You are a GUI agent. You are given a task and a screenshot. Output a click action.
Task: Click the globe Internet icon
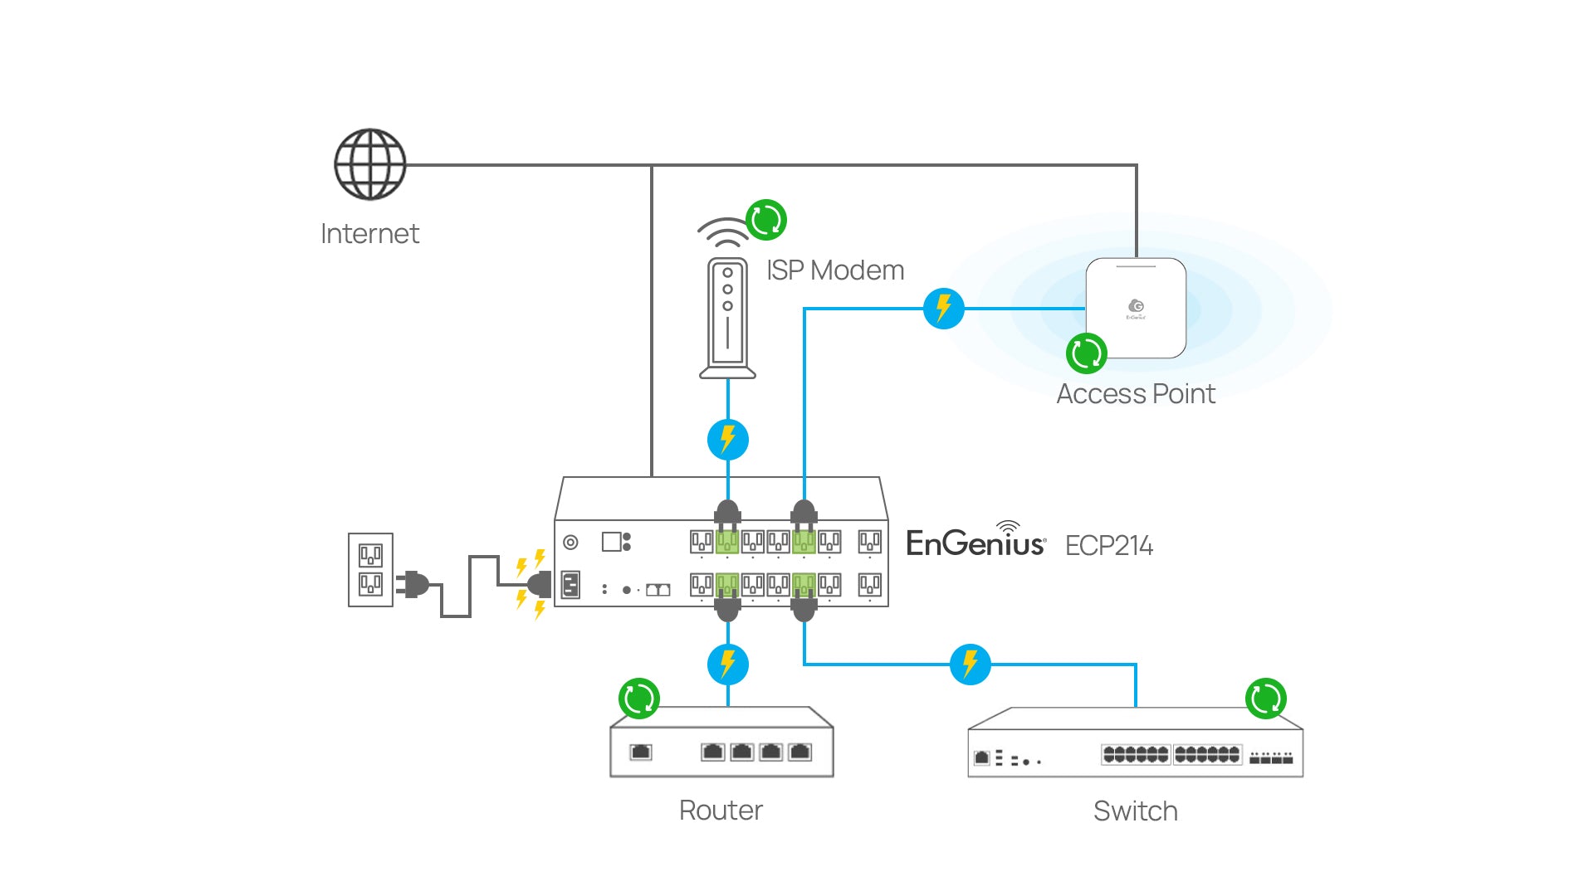[x=369, y=164]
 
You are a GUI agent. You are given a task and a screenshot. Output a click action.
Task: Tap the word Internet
[x=369, y=234]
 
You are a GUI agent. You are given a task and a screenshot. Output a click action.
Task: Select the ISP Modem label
[x=834, y=270]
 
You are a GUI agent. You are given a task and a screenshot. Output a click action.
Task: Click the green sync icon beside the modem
[x=765, y=220]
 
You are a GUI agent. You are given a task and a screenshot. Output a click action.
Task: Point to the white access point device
[x=1136, y=308]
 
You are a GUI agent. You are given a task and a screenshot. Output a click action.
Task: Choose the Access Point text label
[x=1135, y=394]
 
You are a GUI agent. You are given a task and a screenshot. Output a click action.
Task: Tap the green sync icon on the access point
[x=1086, y=353]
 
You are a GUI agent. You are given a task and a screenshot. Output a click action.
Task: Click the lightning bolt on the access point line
[x=944, y=309]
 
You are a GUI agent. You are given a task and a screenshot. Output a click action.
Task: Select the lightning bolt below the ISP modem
[x=728, y=440]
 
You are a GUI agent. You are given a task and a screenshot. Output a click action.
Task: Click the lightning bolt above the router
[x=728, y=665]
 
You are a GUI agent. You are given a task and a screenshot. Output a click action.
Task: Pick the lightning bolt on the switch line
[x=970, y=665]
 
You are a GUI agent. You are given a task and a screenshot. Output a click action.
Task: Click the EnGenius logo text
[x=975, y=543]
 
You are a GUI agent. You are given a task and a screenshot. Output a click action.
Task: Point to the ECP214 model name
[x=1108, y=546]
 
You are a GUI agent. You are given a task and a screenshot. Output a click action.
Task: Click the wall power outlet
[x=370, y=570]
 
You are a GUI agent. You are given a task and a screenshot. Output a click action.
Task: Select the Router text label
[x=721, y=811]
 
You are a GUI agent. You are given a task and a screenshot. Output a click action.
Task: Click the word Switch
[x=1135, y=811]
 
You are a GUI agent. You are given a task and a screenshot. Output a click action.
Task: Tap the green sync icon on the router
[x=639, y=699]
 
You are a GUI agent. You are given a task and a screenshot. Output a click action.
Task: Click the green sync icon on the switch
[x=1266, y=699]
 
